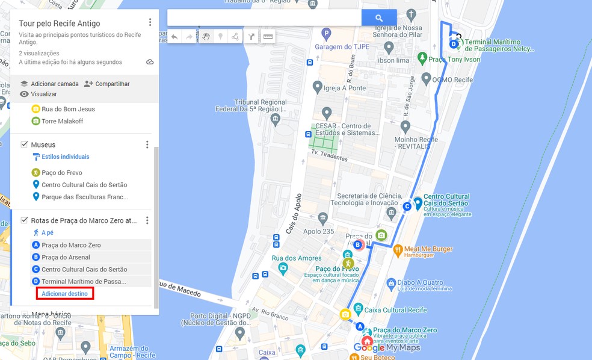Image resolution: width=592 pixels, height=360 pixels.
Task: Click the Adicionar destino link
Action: click(x=64, y=294)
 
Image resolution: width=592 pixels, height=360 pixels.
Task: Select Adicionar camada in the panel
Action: click(x=55, y=84)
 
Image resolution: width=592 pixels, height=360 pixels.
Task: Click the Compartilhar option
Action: click(x=112, y=84)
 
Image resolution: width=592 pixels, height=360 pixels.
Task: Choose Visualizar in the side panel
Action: click(x=43, y=94)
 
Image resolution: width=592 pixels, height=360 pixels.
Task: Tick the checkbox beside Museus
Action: click(x=24, y=144)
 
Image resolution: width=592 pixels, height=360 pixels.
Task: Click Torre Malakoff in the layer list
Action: click(x=62, y=121)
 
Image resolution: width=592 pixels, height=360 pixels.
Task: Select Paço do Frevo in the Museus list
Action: click(x=61, y=173)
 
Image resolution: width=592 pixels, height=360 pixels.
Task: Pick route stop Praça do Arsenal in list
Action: click(x=66, y=257)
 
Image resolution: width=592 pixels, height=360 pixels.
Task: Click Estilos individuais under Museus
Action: click(x=65, y=157)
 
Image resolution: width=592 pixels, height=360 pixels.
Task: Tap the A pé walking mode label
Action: click(x=48, y=232)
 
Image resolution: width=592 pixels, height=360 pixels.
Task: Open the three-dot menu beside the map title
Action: click(x=150, y=22)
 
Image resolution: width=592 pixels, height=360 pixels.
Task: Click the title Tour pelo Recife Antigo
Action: click(x=60, y=23)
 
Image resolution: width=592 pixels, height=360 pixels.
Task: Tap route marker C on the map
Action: click(x=407, y=206)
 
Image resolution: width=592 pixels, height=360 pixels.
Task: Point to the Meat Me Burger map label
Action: click(x=428, y=249)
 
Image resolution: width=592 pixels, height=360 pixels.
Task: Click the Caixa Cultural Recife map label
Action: click(x=396, y=310)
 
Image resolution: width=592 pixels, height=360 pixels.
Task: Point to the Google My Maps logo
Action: click(x=387, y=348)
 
